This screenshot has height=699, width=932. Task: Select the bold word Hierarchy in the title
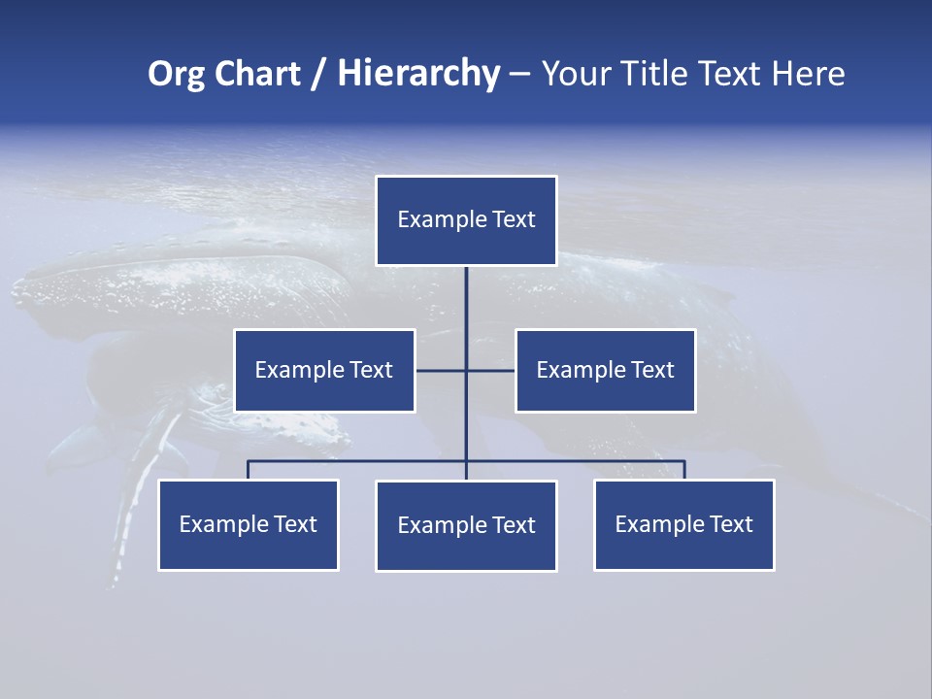tap(418, 74)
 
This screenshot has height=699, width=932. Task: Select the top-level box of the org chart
tap(466, 220)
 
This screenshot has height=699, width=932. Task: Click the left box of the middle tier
tap(324, 370)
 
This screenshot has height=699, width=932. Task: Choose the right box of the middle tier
tap(605, 370)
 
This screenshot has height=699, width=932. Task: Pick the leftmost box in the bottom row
tap(249, 525)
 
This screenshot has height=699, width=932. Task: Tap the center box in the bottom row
tap(466, 526)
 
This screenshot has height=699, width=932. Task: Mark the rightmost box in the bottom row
tap(683, 525)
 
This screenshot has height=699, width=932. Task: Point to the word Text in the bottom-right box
tap(731, 524)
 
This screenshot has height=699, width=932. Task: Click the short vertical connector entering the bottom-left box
tap(249, 470)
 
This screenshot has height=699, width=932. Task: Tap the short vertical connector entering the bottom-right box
tap(684, 470)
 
